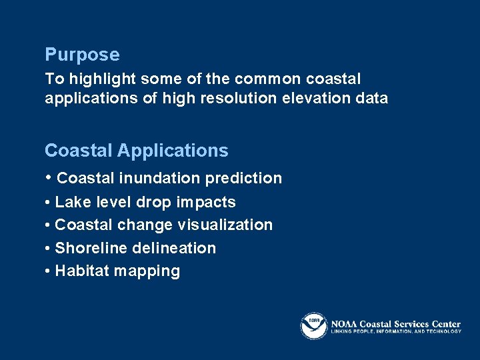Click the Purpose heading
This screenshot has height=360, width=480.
click(82, 55)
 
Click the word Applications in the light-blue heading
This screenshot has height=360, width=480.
click(173, 151)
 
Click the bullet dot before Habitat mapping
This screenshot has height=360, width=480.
click(48, 272)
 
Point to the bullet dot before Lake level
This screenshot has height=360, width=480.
click(48, 203)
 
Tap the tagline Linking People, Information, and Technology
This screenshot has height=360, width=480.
click(396, 331)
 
